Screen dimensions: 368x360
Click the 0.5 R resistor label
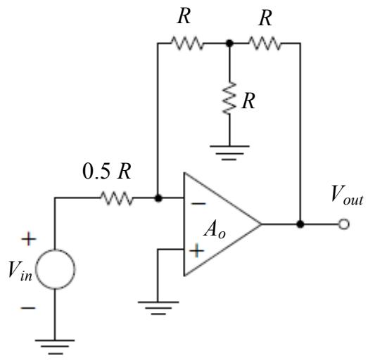tap(107, 171)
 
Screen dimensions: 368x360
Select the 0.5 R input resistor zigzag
tap(117, 198)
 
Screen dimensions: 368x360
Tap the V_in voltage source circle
tap(56, 269)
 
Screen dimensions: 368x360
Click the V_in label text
tap(20, 271)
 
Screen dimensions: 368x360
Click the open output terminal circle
tap(344, 224)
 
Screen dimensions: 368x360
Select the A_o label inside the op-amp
tap(215, 231)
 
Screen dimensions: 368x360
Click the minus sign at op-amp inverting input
tap(198, 204)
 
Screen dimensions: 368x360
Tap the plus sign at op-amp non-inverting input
tap(197, 251)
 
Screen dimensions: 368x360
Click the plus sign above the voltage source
tap(29, 239)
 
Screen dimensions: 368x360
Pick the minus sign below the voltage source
tap(28, 308)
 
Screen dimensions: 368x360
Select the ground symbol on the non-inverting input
tap(158, 308)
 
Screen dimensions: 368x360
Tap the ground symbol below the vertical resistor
tap(229, 153)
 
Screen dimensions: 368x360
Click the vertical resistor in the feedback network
tap(229, 98)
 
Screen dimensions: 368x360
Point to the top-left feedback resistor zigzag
tap(187, 43)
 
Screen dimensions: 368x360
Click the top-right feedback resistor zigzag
tap(265, 43)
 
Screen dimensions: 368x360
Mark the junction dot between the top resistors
tap(229, 43)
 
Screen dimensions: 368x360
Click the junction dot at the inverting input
tap(158, 198)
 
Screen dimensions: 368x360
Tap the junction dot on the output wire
tap(300, 224)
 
